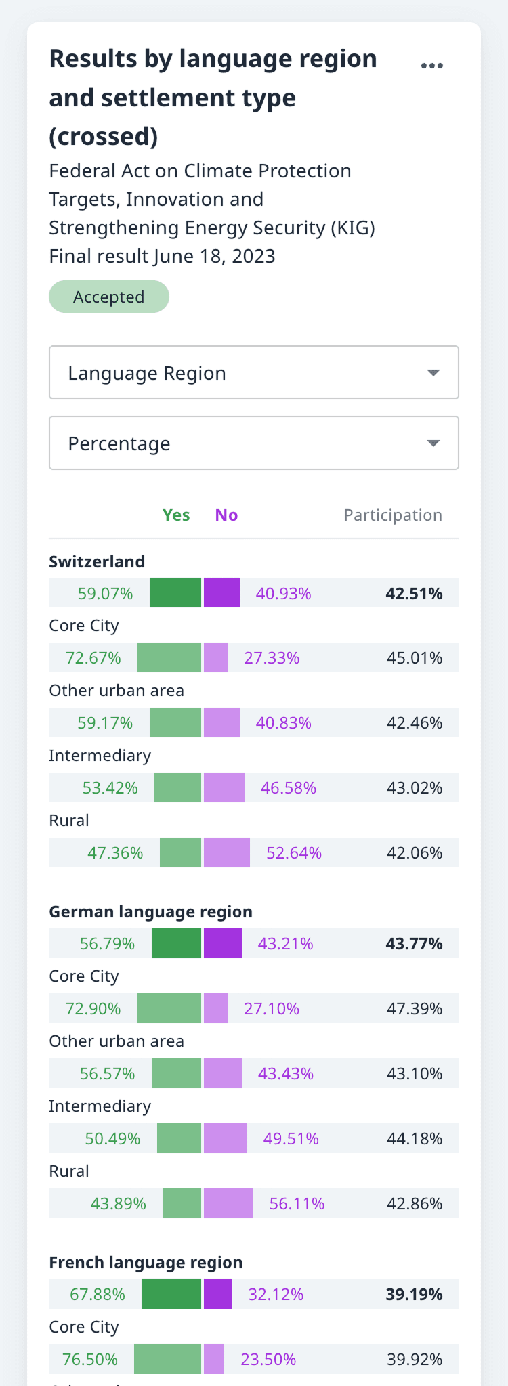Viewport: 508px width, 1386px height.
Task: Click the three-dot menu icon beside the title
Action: [431, 66]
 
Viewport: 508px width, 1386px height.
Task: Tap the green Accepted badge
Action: [109, 297]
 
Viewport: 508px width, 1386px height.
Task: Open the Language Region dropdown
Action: [254, 373]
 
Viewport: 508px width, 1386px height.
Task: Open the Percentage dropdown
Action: [254, 443]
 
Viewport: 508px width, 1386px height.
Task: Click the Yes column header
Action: [176, 515]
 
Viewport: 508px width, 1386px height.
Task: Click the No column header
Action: [226, 515]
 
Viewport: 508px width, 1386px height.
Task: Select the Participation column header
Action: [393, 515]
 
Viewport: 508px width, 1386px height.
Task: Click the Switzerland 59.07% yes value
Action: [105, 594]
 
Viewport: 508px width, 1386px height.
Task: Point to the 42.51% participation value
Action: [414, 594]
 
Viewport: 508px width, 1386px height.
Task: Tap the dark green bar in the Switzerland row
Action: [175, 593]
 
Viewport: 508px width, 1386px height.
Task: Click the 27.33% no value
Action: [272, 658]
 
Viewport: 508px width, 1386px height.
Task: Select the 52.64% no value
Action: [294, 853]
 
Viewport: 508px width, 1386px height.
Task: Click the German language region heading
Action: [150, 912]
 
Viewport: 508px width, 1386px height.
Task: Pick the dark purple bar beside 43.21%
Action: [223, 944]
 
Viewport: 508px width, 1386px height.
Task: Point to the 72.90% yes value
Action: [93, 1009]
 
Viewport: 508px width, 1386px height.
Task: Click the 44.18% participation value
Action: [415, 1139]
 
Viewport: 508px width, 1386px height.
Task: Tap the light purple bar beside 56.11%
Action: [228, 1204]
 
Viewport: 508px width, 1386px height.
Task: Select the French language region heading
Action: [146, 1263]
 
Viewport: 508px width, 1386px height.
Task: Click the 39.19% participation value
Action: [414, 1295]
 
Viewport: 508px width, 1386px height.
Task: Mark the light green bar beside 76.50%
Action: [168, 1360]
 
